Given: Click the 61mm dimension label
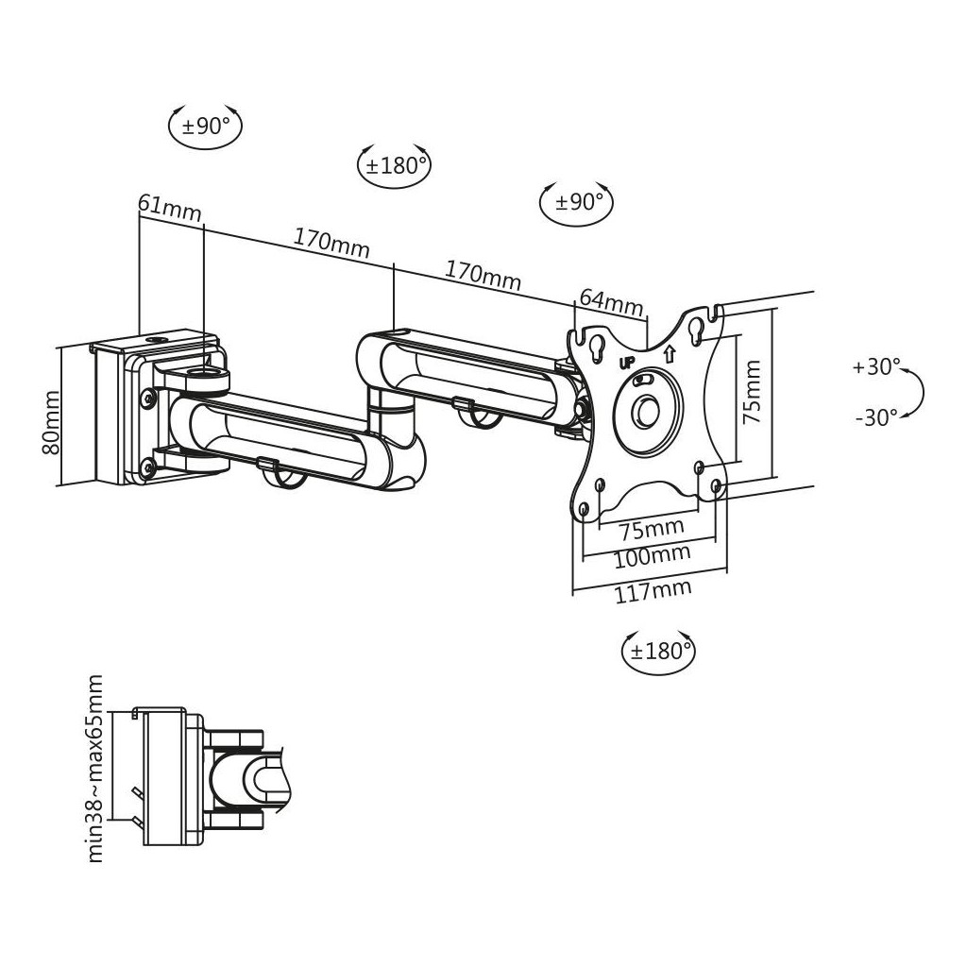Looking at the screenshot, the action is point(170,207).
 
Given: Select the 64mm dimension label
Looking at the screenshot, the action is point(611,301).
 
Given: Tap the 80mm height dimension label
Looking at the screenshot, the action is point(51,422).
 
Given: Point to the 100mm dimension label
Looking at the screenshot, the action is point(652,557).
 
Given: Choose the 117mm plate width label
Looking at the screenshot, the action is point(653,591).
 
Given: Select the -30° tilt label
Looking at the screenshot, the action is point(876,417).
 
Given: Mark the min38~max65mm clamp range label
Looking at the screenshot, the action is point(95,769).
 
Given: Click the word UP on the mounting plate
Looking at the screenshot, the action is point(627,363).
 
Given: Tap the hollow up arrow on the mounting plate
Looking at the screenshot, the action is point(670,353).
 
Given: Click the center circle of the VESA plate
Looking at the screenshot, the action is point(648,412).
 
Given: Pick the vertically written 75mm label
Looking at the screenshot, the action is point(751,392).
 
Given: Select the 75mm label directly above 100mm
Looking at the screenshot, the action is point(652,528).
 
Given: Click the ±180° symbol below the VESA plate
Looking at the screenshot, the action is point(658,652).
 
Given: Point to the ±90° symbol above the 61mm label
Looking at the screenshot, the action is point(205,126).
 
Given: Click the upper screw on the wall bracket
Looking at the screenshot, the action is point(148,398).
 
